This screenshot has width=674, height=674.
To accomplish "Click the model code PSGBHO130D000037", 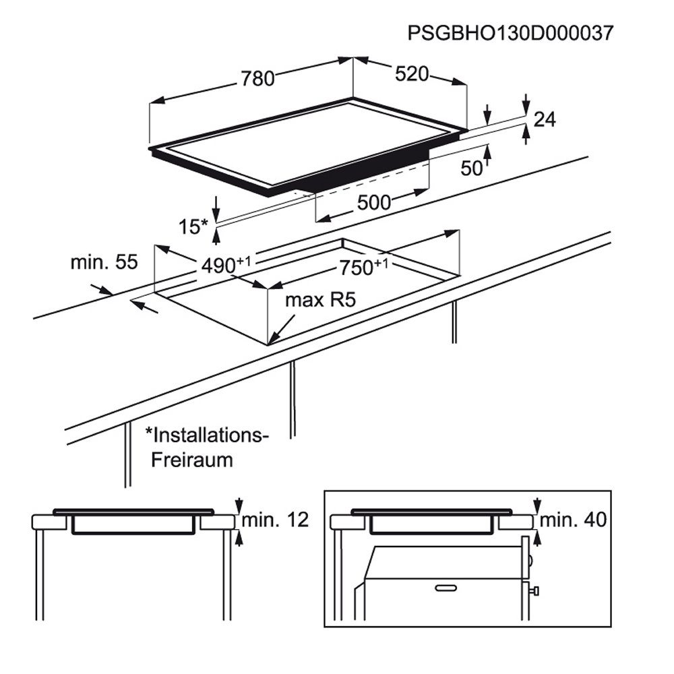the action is click(510, 33).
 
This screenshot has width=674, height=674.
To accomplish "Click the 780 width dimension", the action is click(257, 79).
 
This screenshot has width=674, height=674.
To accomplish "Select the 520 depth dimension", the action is click(412, 74).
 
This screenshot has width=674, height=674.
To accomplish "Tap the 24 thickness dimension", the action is click(545, 119).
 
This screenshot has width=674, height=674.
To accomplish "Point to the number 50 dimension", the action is click(472, 168).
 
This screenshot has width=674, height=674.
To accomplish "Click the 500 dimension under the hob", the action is click(374, 202).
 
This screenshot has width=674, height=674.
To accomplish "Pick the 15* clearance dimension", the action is click(193, 226).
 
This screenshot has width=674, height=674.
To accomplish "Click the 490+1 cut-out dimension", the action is click(226, 264).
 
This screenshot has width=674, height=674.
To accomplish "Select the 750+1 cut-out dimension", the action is click(364, 266).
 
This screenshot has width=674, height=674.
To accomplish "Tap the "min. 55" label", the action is click(104, 262).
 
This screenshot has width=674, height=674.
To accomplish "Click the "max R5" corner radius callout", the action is click(321, 300).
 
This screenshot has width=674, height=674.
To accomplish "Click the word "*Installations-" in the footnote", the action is click(207, 435).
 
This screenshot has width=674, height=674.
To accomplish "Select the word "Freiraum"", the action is click(191, 460).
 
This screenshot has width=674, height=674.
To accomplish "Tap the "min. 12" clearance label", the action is click(275, 520).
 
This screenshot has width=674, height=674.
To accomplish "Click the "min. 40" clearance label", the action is click(573, 520).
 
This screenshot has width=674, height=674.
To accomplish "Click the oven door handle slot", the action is click(446, 588).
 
